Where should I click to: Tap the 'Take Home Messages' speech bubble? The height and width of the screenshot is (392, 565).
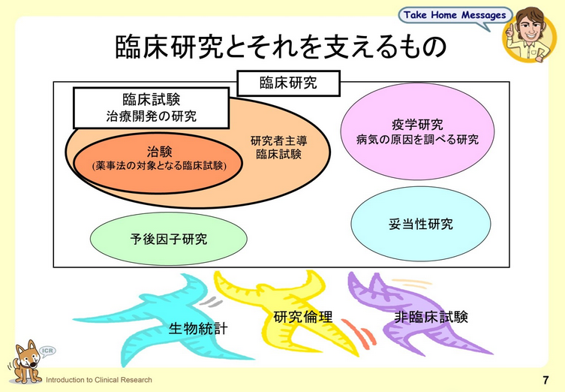[x=455, y=15]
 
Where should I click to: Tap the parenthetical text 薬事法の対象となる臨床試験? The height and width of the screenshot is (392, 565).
[x=160, y=164]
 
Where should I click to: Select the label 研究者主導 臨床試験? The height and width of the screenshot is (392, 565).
[x=278, y=147]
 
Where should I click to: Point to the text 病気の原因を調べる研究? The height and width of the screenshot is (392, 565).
[x=417, y=140]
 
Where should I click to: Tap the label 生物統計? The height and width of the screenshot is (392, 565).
[x=197, y=328]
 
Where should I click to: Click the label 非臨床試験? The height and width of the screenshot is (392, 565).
[x=431, y=317]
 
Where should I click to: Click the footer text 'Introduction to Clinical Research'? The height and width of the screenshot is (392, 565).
[x=100, y=380]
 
